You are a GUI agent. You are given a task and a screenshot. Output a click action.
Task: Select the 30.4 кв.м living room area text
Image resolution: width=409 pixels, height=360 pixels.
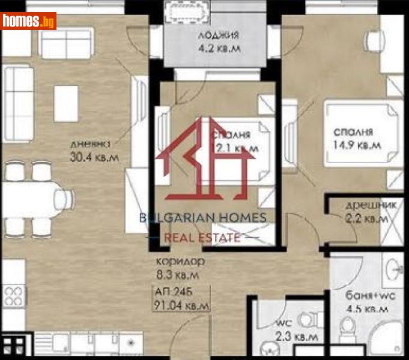pos(93,158)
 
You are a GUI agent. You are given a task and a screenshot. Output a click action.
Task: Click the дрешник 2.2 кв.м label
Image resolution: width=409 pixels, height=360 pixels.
pos(366,212)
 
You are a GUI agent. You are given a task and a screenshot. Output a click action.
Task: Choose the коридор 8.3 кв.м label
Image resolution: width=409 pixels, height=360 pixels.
pos(180,268)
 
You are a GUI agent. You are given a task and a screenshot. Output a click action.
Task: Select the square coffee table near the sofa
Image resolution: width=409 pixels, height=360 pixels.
pos(65,102)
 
